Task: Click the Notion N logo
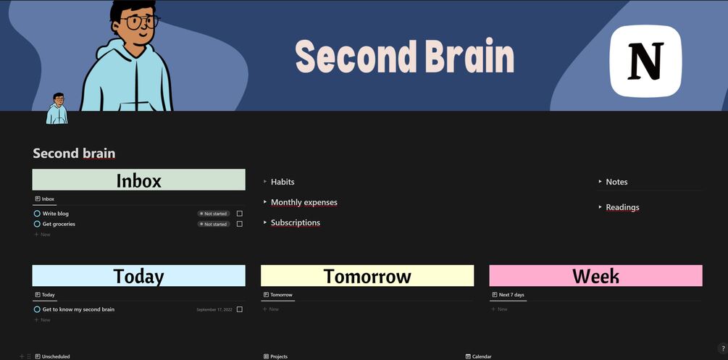coord(646,62)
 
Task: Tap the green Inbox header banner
coord(139,180)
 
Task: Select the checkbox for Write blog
coord(240,214)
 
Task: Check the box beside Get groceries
coord(240,224)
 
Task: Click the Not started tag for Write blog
coord(214,214)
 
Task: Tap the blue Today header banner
coord(139,276)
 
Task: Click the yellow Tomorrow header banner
coord(367,276)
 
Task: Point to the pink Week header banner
coord(595,276)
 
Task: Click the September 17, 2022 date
coord(214,309)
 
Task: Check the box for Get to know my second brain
coord(240,309)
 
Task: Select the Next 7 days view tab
coord(508,295)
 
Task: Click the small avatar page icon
coord(57,108)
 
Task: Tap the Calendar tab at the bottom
coord(478,357)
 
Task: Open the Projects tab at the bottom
coord(275,357)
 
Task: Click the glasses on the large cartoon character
coord(140,22)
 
